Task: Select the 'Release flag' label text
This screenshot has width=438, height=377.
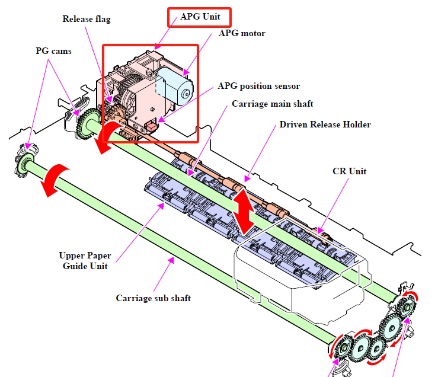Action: tap(87, 19)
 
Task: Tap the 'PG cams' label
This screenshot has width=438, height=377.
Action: tap(53, 51)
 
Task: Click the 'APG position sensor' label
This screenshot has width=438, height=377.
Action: tap(259, 86)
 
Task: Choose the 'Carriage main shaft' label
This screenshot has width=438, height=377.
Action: tap(272, 104)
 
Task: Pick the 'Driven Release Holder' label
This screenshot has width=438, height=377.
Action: tap(325, 124)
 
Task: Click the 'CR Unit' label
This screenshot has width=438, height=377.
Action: tap(349, 171)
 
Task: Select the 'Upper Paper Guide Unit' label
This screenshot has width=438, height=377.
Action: tap(84, 261)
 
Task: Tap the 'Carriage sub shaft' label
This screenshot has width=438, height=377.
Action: tap(153, 298)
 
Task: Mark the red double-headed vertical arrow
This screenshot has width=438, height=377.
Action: tap(244, 210)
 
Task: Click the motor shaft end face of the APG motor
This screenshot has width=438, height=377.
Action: tap(186, 92)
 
